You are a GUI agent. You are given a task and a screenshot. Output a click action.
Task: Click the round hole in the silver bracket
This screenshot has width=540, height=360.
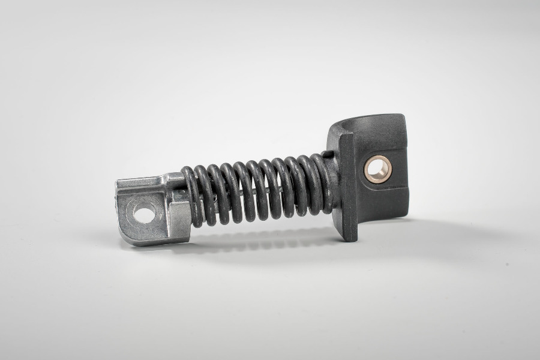pyautogui.click(x=144, y=213)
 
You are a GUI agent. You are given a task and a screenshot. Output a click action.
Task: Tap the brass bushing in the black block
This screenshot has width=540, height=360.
pyautogui.click(x=378, y=169)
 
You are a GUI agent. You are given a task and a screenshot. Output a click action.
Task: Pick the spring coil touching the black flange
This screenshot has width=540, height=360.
pyautogui.click(x=324, y=183)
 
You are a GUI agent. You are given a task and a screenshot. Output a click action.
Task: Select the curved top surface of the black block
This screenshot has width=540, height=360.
pyautogui.click(x=366, y=126)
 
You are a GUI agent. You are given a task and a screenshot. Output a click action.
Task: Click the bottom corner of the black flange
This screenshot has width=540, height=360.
pyautogui.click(x=350, y=238)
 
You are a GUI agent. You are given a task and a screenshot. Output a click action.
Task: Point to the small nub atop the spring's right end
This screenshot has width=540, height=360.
pyautogui.click(x=326, y=155)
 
